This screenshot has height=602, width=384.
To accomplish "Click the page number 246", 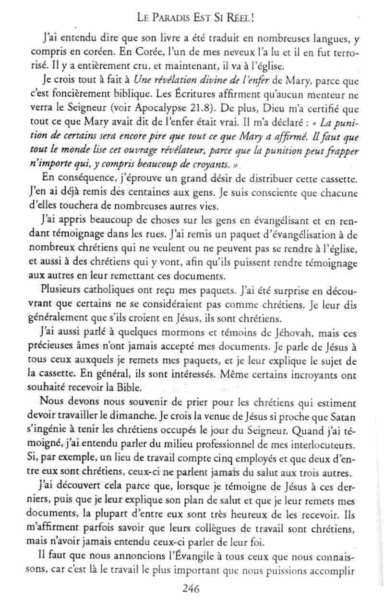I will point(191,588).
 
